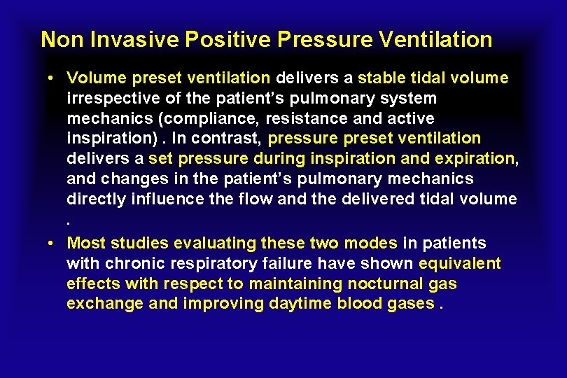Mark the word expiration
476,159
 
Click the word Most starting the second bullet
85,244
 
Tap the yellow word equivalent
460,264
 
